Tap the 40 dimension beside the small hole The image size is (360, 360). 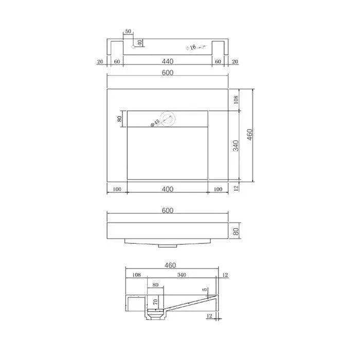(139, 42)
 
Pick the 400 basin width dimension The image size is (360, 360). (167, 189)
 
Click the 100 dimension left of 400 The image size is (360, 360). (117, 189)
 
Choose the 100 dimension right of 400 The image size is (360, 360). (218, 189)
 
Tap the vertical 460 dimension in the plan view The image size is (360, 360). (250, 135)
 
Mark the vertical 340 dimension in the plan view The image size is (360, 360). (236, 146)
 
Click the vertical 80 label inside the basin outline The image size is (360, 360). (120, 119)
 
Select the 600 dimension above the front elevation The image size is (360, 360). (167, 211)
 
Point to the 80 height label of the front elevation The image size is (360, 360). (236, 231)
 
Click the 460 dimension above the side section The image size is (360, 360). (170, 266)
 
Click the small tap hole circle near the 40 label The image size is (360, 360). (133, 47)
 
